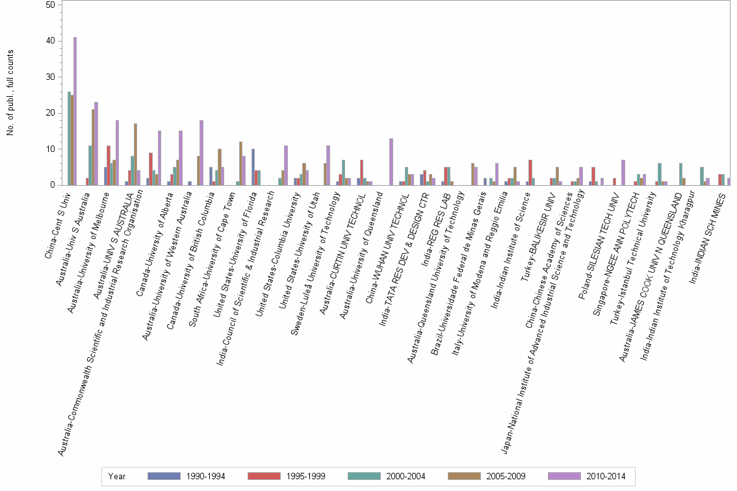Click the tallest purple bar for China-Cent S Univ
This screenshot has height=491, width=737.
[75, 111]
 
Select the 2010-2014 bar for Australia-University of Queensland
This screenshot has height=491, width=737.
[391, 162]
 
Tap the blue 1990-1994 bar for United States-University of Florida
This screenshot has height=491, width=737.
[253, 167]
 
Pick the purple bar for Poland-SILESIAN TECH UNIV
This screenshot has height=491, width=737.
[623, 172]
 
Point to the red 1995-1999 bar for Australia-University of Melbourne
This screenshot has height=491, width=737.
[109, 165]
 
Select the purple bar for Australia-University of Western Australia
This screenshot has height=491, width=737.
[201, 153]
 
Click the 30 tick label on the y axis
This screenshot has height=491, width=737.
[50, 77]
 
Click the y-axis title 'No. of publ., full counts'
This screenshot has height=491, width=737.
[10, 94]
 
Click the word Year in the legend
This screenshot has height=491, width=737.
[117, 476]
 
